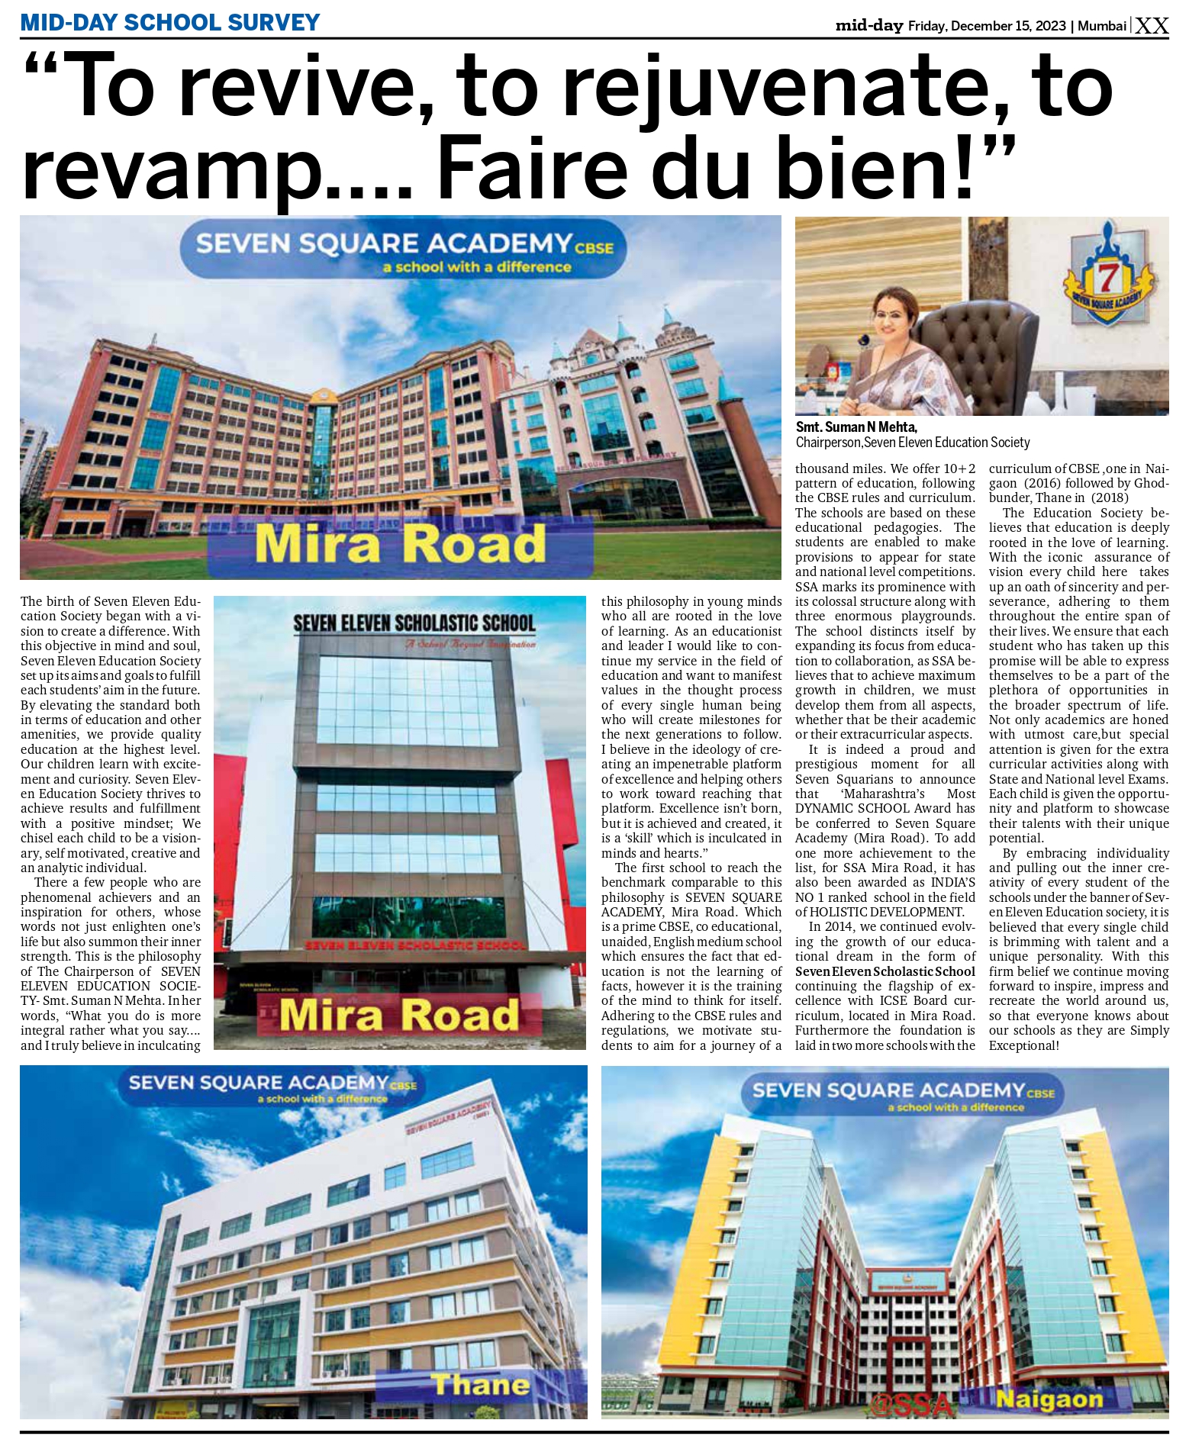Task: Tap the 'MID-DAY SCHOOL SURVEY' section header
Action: click(170, 22)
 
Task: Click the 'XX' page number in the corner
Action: click(1152, 26)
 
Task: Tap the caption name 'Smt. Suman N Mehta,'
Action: click(856, 427)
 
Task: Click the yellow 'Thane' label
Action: click(480, 1385)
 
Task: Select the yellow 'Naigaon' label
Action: click(1049, 1399)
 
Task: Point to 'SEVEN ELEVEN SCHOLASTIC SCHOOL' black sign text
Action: click(414, 623)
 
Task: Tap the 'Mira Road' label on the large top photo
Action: click(400, 545)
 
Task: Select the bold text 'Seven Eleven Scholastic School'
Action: click(885, 971)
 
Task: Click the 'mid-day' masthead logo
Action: click(868, 26)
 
